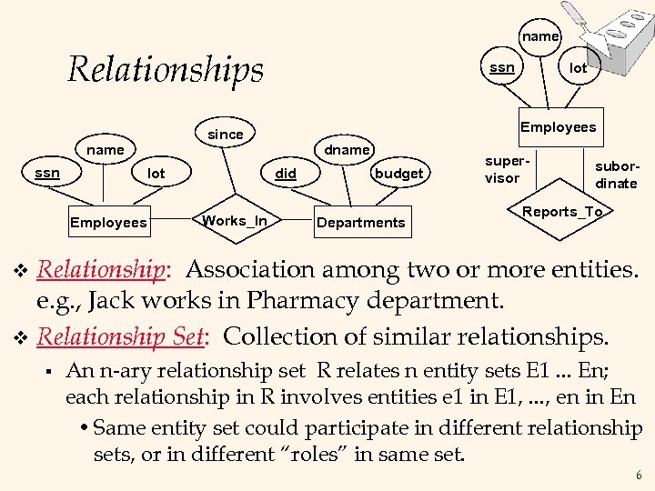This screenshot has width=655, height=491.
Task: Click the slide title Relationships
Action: [x=165, y=69]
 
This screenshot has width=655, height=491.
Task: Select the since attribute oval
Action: [x=226, y=135]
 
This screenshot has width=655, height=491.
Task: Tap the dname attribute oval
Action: [x=348, y=149]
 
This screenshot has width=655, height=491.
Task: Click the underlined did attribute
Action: [x=286, y=173]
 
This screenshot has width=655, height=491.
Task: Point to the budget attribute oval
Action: [x=398, y=173]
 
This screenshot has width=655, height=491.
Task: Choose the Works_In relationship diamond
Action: [x=235, y=221]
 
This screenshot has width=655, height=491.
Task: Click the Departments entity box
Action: [x=360, y=222]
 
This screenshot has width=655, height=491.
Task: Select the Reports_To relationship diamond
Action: [x=562, y=212]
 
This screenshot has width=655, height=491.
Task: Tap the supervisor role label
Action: [x=503, y=170]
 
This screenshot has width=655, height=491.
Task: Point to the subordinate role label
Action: [x=616, y=175]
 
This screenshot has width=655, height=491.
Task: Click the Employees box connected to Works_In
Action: [x=107, y=222]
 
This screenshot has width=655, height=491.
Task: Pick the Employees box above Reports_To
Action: [x=558, y=127]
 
